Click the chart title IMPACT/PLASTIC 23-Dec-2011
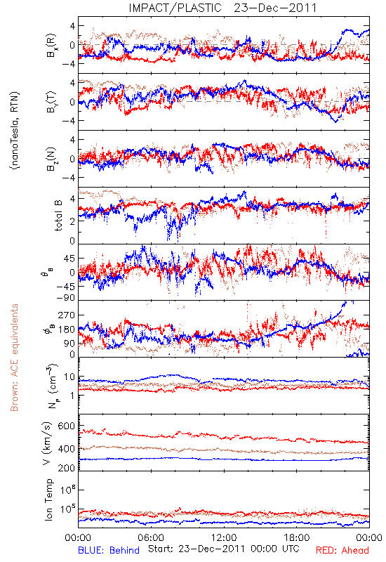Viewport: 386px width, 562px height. pos(222,8)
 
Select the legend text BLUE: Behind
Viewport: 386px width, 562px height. pos(109,550)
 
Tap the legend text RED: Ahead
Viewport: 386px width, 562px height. pos(342,550)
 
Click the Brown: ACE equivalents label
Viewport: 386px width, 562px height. pos(14,358)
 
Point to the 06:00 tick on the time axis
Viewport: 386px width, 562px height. pos(151,537)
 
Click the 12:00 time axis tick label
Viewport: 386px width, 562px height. pos(224,537)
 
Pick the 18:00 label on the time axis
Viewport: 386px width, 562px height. pos(296,537)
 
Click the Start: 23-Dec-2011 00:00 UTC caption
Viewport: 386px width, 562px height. pos(224,549)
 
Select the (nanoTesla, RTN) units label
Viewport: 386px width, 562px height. pos(15,131)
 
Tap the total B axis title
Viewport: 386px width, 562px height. pos(58,215)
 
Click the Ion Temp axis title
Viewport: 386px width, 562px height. pos(49,499)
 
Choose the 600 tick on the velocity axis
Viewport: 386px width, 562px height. pos(66,426)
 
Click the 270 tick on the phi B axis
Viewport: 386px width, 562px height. pos(66,315)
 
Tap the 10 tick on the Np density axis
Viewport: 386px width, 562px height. pos(69,377)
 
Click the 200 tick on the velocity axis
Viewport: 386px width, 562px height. pos(66,467)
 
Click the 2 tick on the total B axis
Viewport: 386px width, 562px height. pos(72,221)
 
